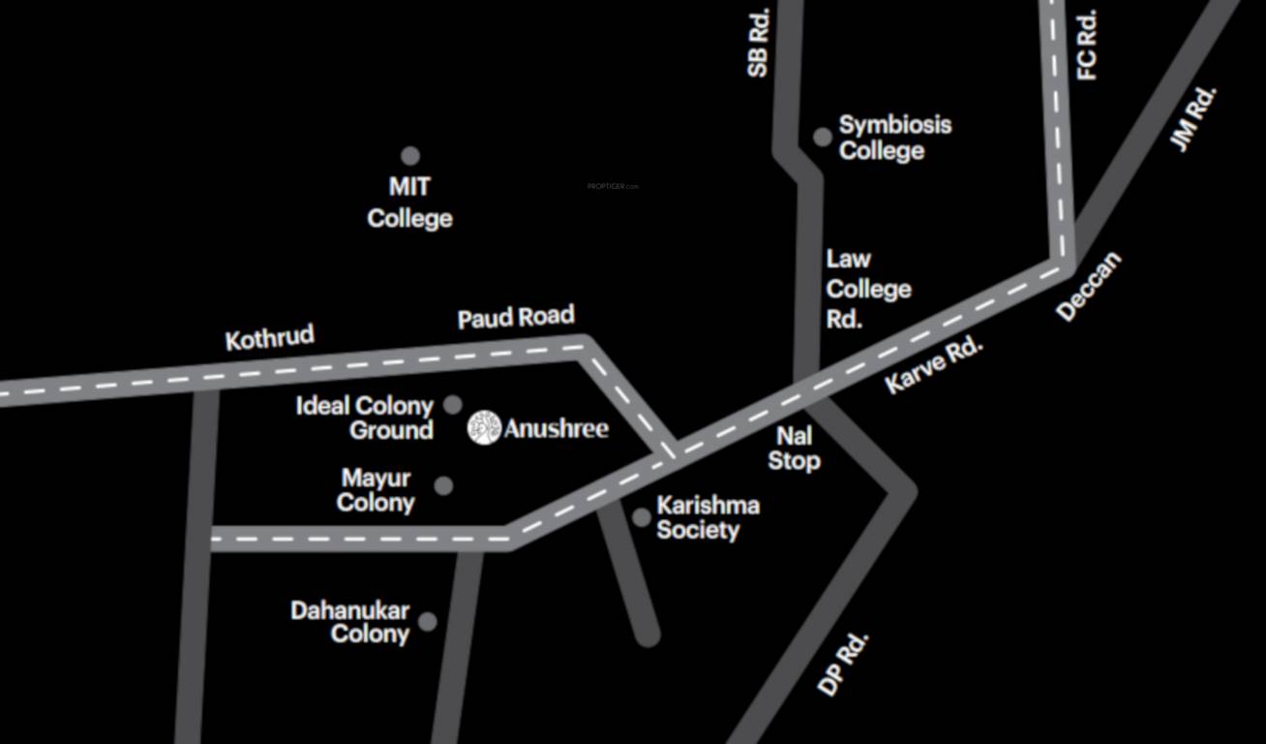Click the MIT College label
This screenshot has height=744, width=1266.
point(409,202)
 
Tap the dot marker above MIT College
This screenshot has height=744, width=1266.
point(410,156)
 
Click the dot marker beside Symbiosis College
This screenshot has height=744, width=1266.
point(823,137)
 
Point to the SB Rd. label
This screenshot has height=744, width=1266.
point(758,44)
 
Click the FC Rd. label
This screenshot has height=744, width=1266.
point(1087,45)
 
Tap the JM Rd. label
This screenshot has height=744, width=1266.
point(1192,118)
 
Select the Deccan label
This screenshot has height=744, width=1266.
point(1089,286)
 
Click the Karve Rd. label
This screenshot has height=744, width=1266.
point(933,365)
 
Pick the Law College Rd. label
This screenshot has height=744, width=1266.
point(867,289)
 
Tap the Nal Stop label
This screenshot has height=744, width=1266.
point(794,449)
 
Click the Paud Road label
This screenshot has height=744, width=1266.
point(516,318)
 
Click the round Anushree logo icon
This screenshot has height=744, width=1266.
point(484,427)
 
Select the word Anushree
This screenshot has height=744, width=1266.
point(557,428)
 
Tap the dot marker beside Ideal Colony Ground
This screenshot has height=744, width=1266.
point(452,405)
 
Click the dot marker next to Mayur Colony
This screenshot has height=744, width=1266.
point(443,485)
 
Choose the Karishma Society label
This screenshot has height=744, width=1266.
point(708,517)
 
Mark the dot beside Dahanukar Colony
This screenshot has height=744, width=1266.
point(427,622)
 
